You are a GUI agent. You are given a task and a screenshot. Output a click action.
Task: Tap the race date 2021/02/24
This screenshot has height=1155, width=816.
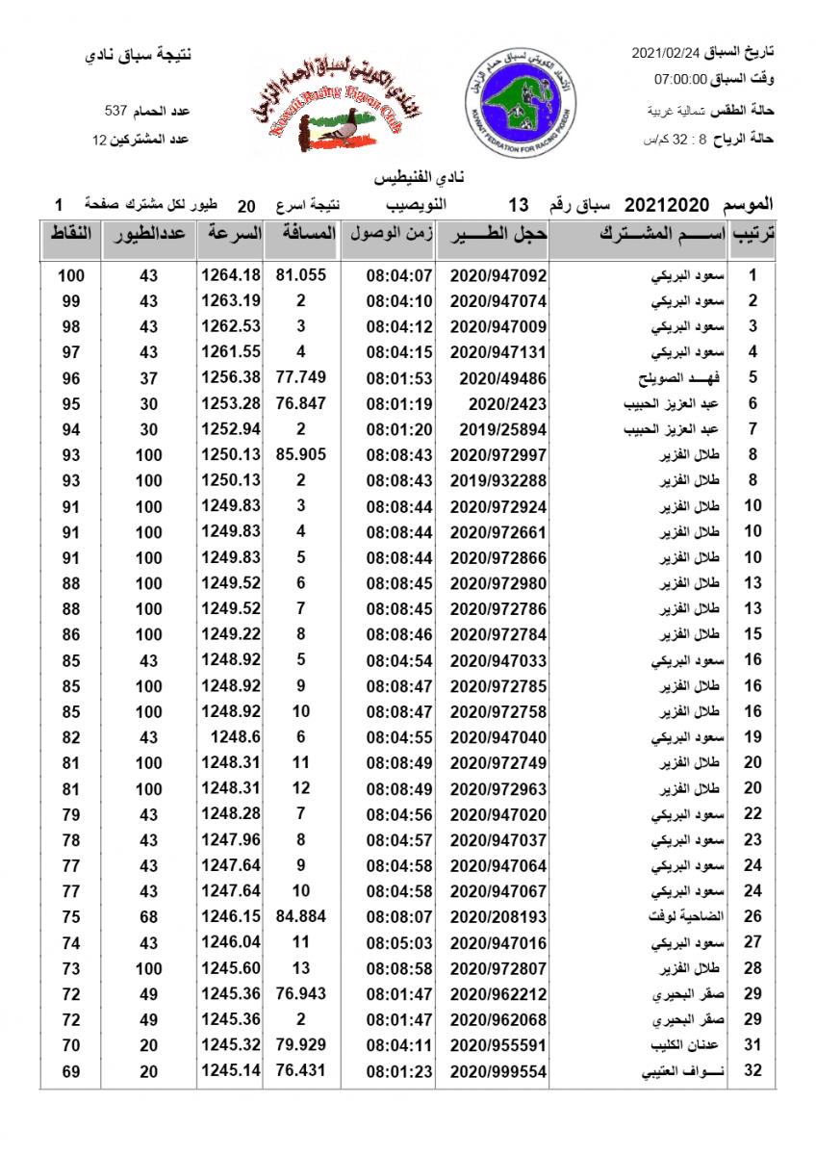click(x=667, y=51)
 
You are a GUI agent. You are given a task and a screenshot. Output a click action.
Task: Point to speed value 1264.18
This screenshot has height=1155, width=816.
click(x=231, y=275)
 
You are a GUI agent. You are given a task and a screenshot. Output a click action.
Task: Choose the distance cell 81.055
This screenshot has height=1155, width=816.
click(x=301, y=275)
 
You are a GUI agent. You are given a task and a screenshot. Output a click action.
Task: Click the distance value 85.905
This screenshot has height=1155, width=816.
click(x=301, y=454)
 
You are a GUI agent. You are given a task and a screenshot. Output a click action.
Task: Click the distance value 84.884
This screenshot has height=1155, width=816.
click(x=301, y=917)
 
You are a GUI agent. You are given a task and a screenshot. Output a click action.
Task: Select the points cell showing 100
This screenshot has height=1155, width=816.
click(x=70, y=275)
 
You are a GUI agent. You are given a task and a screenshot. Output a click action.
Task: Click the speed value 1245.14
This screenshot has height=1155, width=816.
click(x=231, y=1071)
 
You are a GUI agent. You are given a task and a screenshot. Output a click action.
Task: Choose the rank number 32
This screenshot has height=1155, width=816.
click(x=753, y=1071)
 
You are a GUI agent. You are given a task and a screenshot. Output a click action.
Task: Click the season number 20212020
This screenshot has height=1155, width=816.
click(x=667, y=205)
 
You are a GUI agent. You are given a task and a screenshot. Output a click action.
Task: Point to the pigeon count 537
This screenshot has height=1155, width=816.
click(x=116, y=112)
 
